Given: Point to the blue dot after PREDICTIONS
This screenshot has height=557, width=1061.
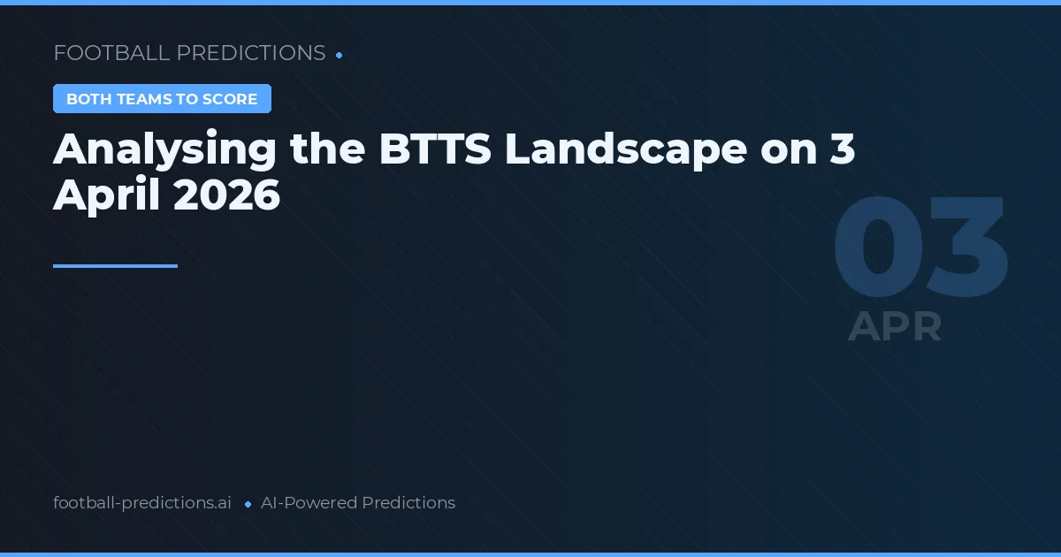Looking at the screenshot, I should coord(340,55).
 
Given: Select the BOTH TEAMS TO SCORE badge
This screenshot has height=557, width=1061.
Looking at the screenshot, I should coord(162,99).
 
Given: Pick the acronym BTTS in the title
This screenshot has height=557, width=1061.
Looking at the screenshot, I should coord(435,150).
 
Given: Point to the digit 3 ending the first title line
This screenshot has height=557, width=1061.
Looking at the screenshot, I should coord(843,150).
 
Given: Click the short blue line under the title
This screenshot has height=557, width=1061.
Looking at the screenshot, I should coord(115,265).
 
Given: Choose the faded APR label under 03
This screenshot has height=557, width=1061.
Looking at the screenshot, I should coord(895,327).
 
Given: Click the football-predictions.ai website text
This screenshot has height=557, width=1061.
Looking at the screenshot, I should coord(142,503).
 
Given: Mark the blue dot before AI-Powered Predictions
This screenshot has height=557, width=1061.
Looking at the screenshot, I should coord(248,504).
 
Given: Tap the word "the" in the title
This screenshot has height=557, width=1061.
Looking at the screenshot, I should coord(328,150).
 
